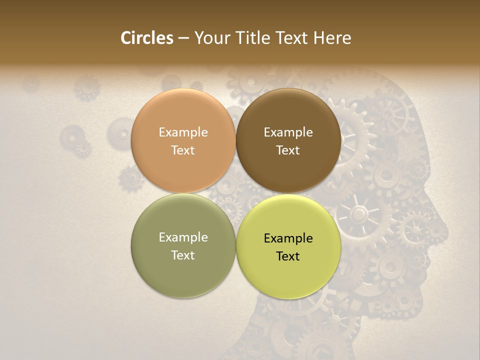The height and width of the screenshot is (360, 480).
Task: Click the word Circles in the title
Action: point(146,38)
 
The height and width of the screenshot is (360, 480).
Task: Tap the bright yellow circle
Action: point(288,246)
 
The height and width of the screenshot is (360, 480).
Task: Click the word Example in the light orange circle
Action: point(183,132)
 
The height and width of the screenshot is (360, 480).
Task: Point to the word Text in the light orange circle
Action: point(183,150)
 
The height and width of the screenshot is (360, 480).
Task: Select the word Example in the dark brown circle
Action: point(288,132)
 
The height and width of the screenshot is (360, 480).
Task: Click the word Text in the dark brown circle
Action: point(288,150)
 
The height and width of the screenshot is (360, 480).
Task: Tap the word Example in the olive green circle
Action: point(183,237)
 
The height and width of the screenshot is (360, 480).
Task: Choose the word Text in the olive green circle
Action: point(183,255)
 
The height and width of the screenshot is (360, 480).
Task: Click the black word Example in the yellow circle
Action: point(288,238)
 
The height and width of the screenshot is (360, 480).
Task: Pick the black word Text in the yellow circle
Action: point(288,256)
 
